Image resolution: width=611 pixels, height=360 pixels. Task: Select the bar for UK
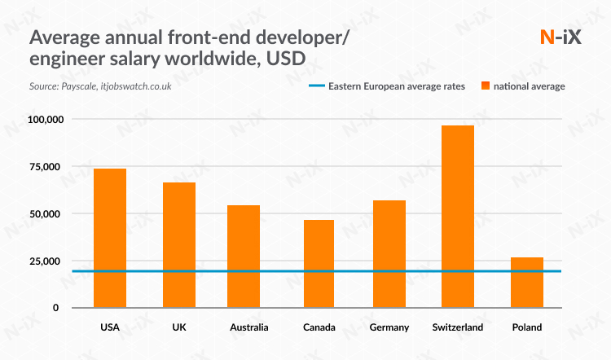179,244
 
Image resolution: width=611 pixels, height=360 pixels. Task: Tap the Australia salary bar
243,256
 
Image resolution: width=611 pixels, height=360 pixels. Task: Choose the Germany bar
389,253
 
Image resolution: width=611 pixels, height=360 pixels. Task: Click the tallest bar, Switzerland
457,216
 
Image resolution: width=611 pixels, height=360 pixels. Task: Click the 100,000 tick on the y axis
45,120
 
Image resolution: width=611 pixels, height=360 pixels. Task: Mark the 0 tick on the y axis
56,308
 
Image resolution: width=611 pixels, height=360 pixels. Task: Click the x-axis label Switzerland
458,327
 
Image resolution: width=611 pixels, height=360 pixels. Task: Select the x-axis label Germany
388,327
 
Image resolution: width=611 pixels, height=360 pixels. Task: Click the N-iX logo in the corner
561,37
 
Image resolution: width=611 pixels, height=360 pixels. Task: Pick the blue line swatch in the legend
316,86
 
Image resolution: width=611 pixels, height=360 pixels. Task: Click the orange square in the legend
486,86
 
